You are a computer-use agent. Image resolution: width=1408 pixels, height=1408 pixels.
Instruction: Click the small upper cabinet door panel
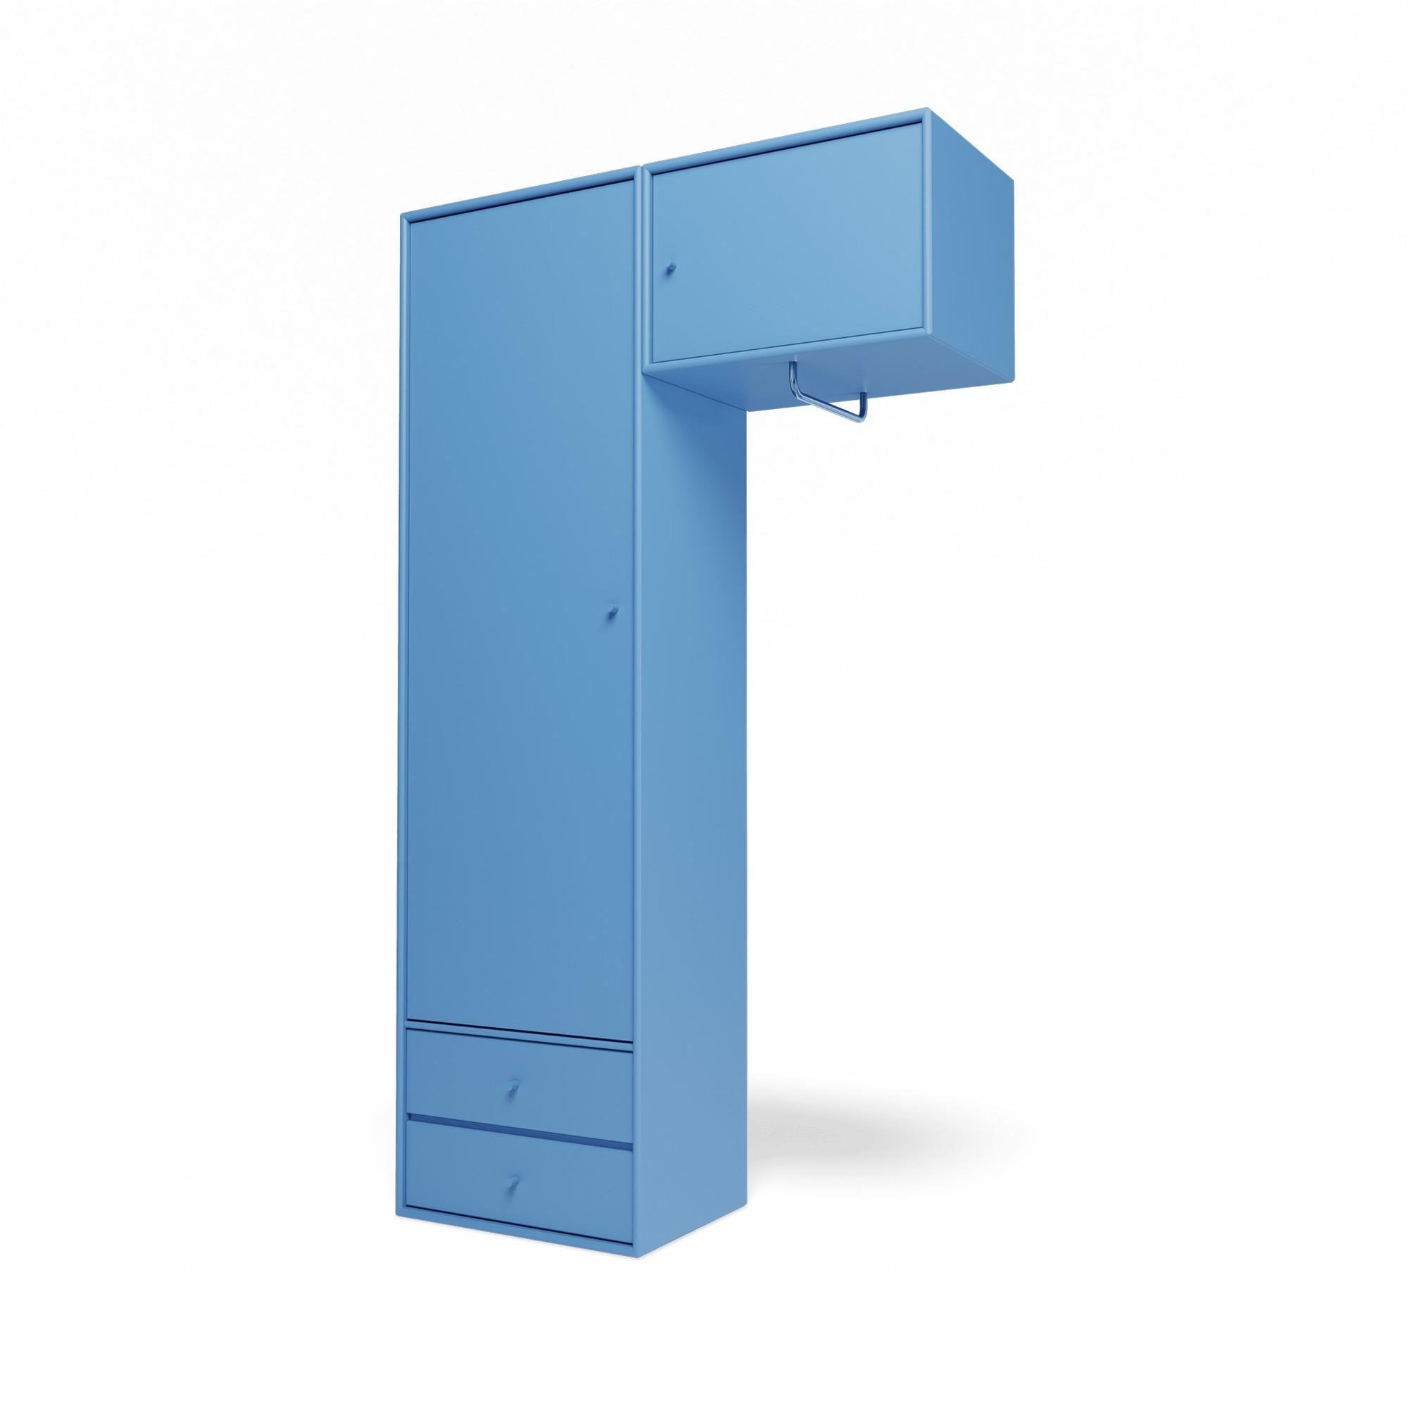[787, 248]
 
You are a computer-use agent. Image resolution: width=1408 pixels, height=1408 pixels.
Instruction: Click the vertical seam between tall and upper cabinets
[641, 291]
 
